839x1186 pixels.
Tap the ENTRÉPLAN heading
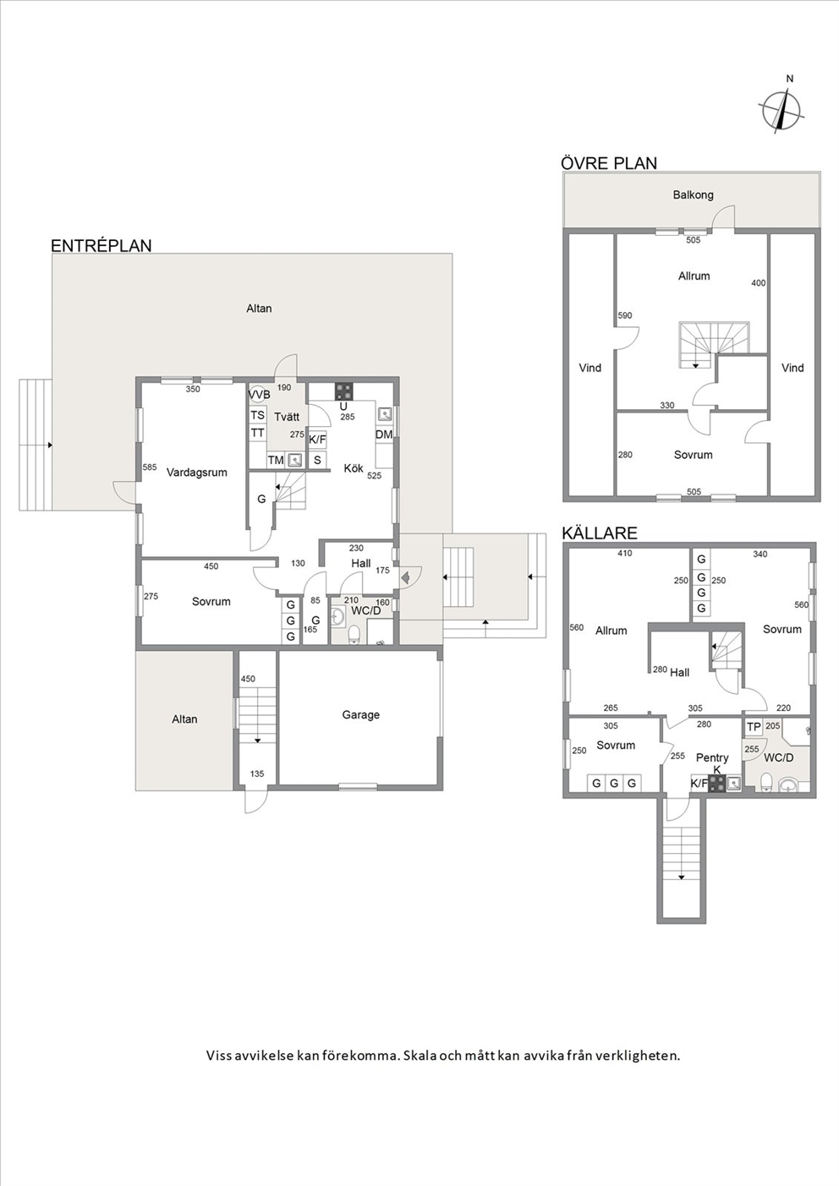101,246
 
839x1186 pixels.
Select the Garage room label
360,715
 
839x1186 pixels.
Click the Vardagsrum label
196,473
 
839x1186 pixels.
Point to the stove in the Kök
343,391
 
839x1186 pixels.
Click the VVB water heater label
260,395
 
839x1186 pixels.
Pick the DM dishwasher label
384,435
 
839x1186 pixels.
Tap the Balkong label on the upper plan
694,194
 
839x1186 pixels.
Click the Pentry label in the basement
712,757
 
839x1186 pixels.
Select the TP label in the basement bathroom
754,728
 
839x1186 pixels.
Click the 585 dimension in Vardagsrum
150,467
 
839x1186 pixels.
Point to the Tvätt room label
287,417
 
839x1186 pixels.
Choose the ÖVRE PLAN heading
609,163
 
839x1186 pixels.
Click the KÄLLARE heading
600,533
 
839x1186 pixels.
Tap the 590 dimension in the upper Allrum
625,315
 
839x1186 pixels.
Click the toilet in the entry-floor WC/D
354,634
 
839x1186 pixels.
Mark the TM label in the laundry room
276,460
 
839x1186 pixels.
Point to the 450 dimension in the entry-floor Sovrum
211,566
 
